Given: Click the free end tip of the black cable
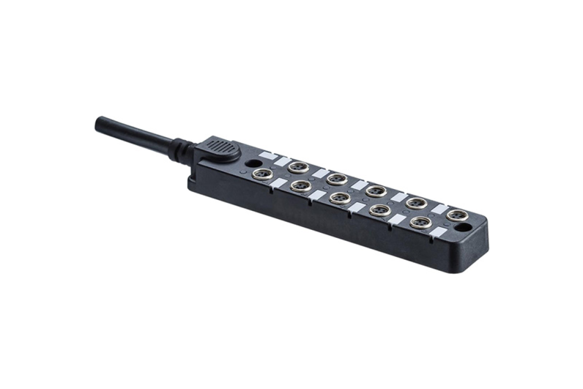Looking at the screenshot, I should (x=98, y=122).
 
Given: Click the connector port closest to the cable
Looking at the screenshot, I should (x=262, y=174).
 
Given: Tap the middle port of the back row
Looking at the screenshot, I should (x=376, y=190).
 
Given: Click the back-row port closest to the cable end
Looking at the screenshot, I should (x=298, y=167).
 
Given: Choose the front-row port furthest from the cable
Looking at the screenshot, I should (x=421, y=222).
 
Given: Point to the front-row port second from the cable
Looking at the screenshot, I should (x=300, y=186).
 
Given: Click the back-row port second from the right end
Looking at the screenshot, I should (x=416, y=202).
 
